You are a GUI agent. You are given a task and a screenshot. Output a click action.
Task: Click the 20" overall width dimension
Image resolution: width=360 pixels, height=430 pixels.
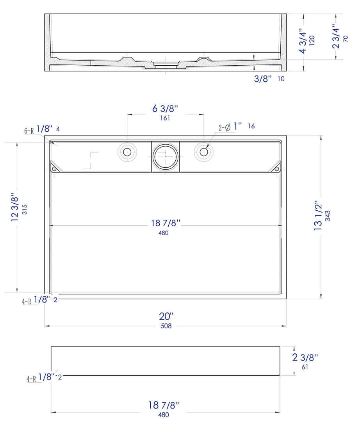coord(166,316)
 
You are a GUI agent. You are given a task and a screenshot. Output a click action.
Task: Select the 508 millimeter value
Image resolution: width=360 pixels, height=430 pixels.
coord(166,326)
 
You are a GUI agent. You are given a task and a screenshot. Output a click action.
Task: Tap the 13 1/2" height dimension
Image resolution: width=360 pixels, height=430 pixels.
coord(318,217)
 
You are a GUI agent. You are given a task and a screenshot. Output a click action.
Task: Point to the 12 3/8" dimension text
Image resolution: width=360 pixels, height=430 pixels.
coord(15,207)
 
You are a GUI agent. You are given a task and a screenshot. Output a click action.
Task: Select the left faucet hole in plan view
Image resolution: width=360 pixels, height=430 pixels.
coord(127,151)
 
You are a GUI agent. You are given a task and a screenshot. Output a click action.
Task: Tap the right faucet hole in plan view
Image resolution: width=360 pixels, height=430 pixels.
coord(203,151)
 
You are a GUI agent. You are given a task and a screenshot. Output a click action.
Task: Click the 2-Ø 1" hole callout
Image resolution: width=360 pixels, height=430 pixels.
coord(230,127)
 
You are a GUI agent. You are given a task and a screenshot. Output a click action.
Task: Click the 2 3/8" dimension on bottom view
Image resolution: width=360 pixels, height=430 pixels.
coord(305,357)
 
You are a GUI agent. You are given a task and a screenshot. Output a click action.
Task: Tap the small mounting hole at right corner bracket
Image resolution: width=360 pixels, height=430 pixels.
coord(277,169)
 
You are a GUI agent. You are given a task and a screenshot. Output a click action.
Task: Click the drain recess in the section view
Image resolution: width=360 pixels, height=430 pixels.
coord(165,64)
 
